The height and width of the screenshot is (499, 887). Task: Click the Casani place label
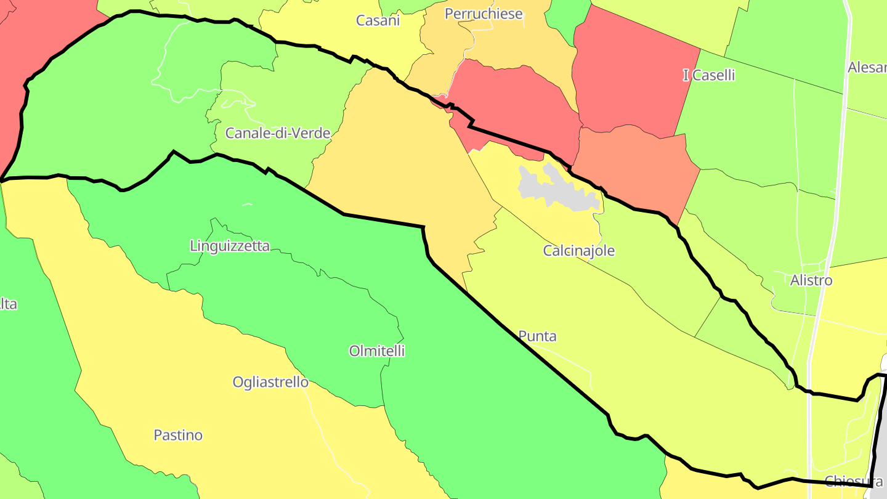(x=378, y=20)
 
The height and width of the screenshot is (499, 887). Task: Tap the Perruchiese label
(x=484, y=14)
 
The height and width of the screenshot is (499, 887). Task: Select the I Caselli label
(x=709, y=75)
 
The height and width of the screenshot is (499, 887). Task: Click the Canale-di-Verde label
(x=278, y=133)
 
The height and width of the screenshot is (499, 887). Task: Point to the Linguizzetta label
(x=230, y=246)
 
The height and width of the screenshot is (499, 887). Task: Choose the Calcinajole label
(x=578, y=251)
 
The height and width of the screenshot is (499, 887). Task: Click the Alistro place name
(x=811, y=280)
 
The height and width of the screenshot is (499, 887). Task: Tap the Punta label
(x=537, y=336)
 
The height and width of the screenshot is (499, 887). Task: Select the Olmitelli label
(x=377, y=351)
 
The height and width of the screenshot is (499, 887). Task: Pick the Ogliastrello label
(x=270, y=382)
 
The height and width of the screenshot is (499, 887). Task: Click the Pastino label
(x=178, y=435)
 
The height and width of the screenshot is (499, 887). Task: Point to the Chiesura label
(x=853, y=481)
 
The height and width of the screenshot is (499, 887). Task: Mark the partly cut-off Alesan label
(x=867, y=67)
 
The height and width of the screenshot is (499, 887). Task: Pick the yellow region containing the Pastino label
(x=185, y=394)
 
